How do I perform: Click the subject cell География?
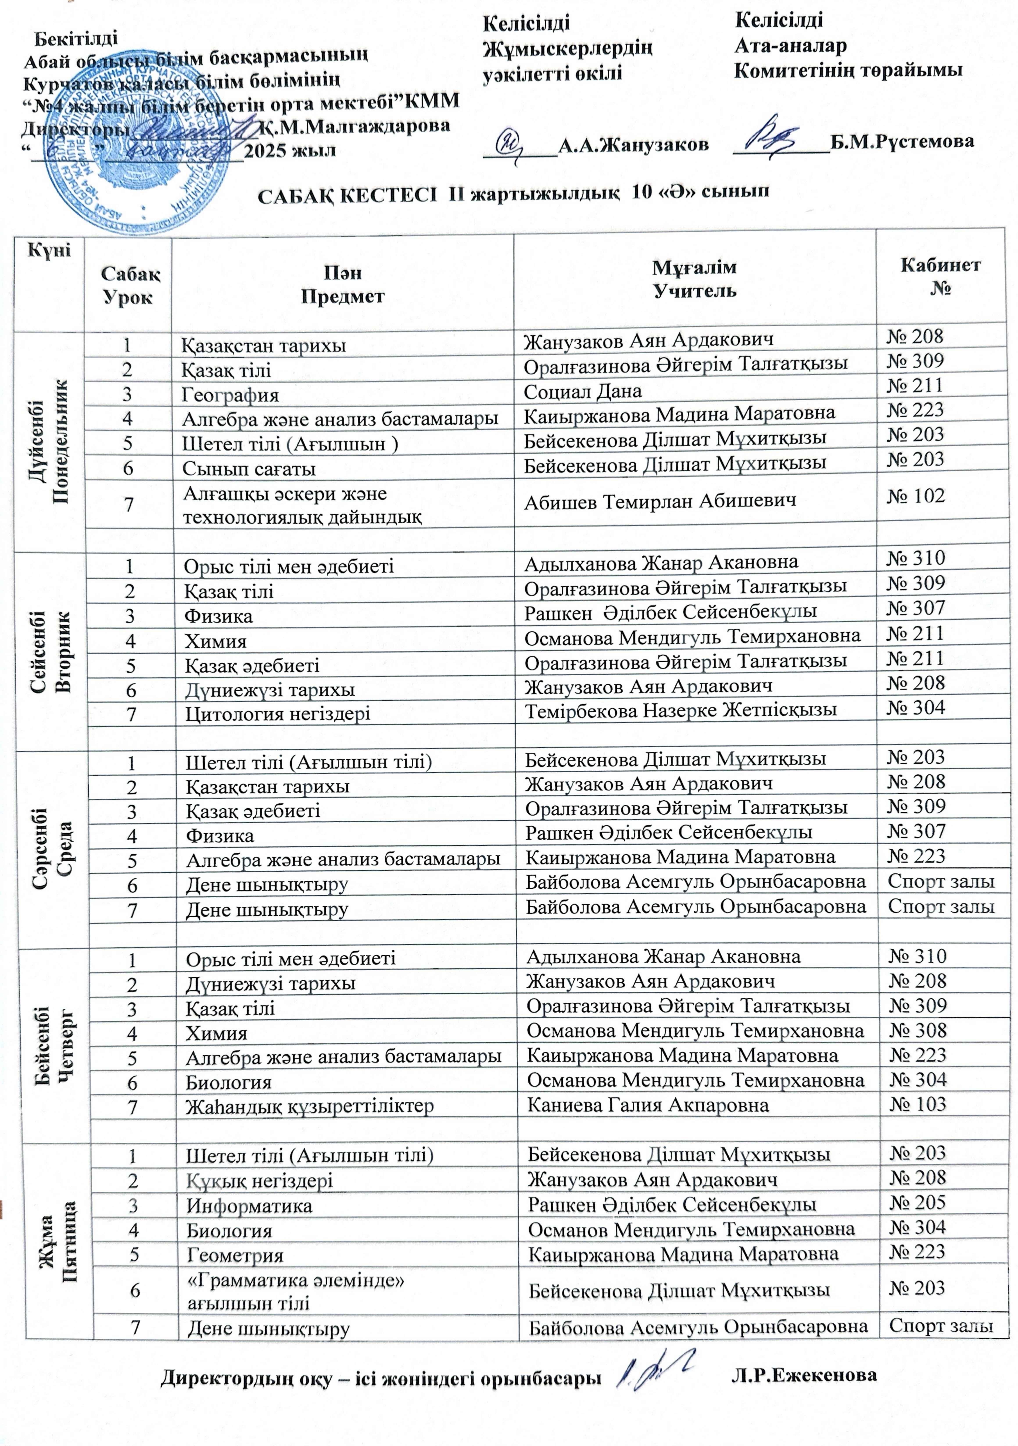tap(231, 395)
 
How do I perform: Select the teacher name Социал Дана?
tap(583, 391)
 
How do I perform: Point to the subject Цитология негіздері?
tap(277, 714)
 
